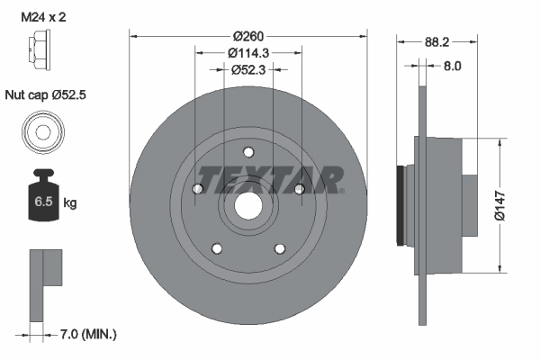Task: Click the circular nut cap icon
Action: tap(41, 130)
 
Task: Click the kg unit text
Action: tap(70, 203)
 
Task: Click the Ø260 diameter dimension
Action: tap(247, 37)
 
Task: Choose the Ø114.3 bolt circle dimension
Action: tap(247, 53)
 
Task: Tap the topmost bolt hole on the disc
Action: tap(248, 150)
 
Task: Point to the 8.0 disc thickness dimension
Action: tap(452, 66)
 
